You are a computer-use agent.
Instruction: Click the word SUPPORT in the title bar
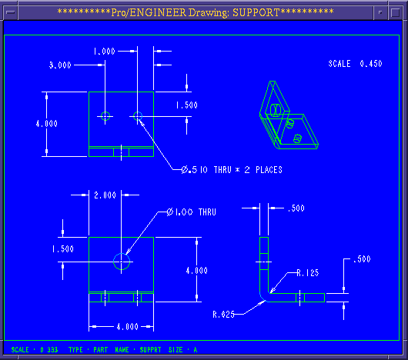coord(256,12)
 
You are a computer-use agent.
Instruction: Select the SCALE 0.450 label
coord(355,64)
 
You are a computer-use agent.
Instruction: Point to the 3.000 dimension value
coord(60,65)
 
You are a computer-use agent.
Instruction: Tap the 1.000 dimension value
coord(105,52)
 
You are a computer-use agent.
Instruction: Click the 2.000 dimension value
coord(105,195)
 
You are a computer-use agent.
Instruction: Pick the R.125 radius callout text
coord(308,272)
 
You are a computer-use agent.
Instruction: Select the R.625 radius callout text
coord(224,315)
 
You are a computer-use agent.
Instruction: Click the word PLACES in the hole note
coord(269,170)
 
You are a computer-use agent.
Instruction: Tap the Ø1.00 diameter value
coord(180,212)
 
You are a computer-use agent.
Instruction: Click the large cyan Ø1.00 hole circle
coord(122,253)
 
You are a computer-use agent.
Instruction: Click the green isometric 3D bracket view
coord(289,115)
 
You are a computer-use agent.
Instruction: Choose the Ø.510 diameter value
coord(194,170)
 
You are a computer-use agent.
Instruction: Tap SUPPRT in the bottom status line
coord(150,349)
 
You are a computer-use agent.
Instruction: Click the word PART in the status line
coord(100,349)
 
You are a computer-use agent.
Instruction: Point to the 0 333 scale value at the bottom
coord(49,349)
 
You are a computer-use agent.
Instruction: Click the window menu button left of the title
coord(11,12)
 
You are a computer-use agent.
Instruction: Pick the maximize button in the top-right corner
coord(396,12)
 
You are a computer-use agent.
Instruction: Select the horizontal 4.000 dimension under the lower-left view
coord(127,326)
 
